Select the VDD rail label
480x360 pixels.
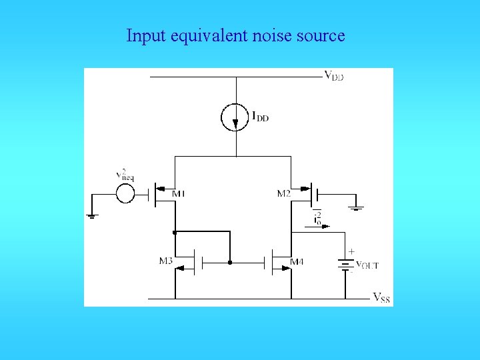(x=334, y=75)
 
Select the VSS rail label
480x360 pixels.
(x=381, y=297)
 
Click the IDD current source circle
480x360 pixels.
(x=235, y=117)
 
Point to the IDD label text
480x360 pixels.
(x=260, y=117)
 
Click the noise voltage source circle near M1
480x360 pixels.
(x=125, y=194)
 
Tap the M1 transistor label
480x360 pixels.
(x=178, y=194)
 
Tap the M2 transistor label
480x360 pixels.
(x=284, y=194)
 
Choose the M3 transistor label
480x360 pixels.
(x=166, y=261)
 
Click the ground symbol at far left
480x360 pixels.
(x=92, y=215)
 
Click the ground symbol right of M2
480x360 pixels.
(x=357, y=208)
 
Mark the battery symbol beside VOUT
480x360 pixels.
(x=345, y=265)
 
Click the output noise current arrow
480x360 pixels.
(x=321, y=226)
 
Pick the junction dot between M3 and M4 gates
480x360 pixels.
(x=229, y=262)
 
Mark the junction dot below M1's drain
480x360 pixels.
(x=175, y=233)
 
